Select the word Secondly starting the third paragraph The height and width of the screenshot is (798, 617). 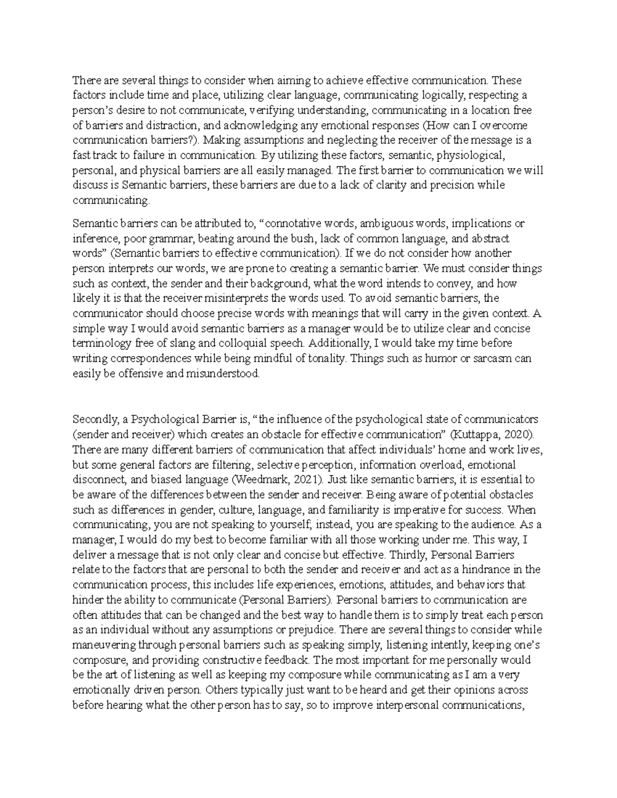(x=93, y=419)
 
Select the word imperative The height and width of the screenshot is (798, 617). (x=418, y=510)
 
